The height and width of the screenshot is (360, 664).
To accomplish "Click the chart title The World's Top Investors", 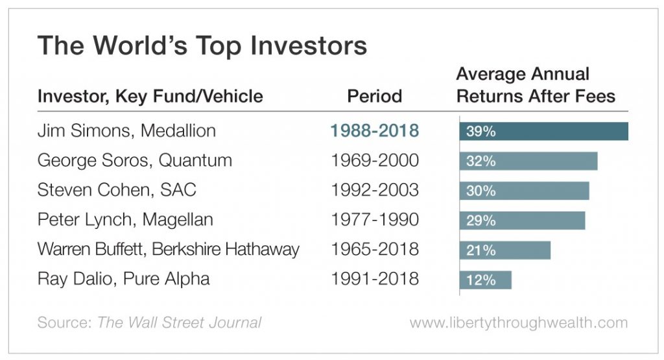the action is [x=202, y=45].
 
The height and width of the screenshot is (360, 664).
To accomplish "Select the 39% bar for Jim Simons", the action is [x=544, y=131].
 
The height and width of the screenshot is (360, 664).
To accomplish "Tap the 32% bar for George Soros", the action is [x=528, y=161].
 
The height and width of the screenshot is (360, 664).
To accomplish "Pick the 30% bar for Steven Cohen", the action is [x=524, y=191].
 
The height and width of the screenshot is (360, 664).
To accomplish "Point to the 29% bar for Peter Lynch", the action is [x=522, y=221].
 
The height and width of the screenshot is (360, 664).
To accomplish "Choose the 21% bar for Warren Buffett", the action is [x=504, y=250].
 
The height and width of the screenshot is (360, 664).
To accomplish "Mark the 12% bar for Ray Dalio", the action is [x=485, y=280].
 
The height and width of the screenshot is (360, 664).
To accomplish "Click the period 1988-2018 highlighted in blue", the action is [x=374, y=130].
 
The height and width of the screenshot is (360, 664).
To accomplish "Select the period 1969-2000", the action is [x=374, y=160].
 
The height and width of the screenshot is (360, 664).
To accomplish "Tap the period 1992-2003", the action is [x=374, y=190].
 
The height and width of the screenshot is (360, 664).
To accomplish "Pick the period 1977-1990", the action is [x=374, y=219].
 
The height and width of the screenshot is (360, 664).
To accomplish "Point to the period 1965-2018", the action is [x=374, y=249].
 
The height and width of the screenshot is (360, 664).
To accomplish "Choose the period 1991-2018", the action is [x=374, y=279].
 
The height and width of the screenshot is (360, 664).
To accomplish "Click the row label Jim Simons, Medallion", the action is [x=126, y=130].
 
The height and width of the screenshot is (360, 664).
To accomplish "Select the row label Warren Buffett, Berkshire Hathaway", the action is [x=169, y=249].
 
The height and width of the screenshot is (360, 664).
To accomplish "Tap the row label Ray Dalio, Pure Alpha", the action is [x=124, y=279].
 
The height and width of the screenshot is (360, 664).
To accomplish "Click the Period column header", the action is [x=374, y=96].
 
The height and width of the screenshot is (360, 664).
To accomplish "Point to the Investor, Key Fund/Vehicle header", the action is [x=150, y=97].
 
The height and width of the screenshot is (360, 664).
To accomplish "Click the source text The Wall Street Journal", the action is [x=180, y=323].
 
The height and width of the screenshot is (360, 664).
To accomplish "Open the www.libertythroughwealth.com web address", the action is [x=519, y=323].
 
